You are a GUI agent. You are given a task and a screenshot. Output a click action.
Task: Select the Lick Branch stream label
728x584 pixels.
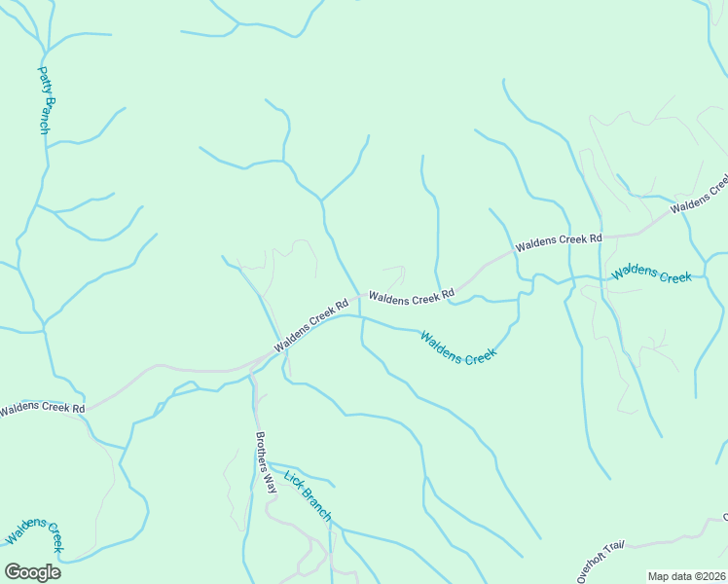(x=308, y=494)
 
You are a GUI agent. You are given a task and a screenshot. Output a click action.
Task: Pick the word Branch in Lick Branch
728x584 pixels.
(x=314, y=502)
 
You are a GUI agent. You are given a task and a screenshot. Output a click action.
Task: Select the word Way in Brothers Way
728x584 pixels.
(x=271, y=486)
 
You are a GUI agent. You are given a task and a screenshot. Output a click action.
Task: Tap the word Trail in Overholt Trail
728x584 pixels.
(x=614, y=550)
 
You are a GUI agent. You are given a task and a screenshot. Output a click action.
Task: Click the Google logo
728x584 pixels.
(x=32, y=572)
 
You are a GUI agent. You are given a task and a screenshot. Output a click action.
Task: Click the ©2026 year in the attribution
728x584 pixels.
(x=707, y=576)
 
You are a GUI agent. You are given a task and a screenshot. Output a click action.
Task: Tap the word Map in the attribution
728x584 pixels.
(x=659, y=576)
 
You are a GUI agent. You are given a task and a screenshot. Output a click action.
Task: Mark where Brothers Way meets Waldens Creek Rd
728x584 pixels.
(x=253, y=369)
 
